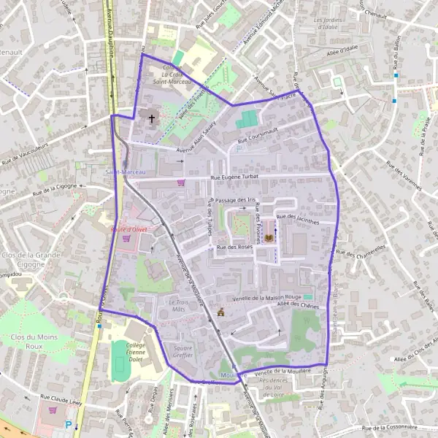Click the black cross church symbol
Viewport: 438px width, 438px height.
tap(153, 118)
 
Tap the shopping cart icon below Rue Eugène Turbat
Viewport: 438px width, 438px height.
tap(181, 182)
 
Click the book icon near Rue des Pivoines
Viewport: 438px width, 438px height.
tap(268, 239)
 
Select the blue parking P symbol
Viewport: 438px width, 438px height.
tap(69, 425)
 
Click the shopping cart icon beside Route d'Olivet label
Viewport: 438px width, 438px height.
tap(126, 238)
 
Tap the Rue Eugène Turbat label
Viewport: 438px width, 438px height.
tap(235, 177)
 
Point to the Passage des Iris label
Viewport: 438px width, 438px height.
tap(235, 199)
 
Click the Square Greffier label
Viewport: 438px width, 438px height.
tap(177, 352)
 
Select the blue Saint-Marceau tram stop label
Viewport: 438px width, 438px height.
tap(125, 172)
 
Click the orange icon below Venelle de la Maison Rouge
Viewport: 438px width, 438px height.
tap(220, 312)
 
